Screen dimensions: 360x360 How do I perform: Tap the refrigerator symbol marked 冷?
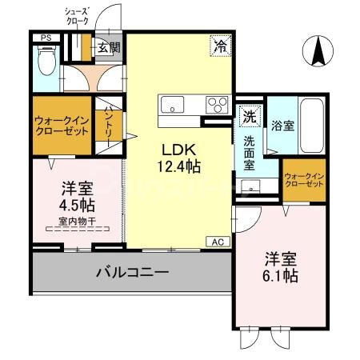(219, 46)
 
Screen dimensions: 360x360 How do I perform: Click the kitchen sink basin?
(172, 104)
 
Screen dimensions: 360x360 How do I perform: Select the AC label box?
(217, 241)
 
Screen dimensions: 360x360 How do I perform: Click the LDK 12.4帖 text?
(183, 158)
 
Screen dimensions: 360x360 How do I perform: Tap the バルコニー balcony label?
(133, 273)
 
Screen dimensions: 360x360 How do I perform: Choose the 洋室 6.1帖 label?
(281, 268)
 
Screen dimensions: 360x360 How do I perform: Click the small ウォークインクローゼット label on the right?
(304, 179)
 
